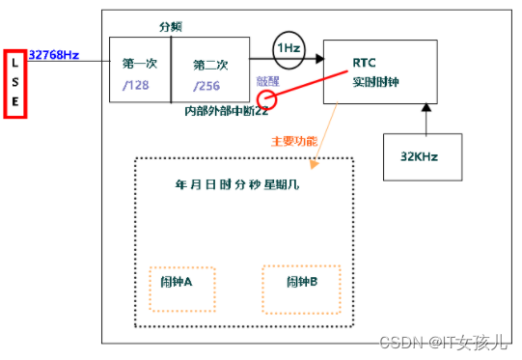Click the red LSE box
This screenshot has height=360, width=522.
point(14,83)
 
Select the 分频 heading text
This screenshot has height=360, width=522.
point(171,27)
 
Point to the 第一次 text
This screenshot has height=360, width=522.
point(140,65)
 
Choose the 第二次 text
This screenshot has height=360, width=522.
point(210,65)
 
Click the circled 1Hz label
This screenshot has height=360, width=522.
point(288,48)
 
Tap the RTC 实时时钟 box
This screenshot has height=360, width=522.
point(379,74)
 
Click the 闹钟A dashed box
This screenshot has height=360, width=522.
point(181,289)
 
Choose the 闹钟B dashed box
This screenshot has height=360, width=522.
point(302,288)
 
